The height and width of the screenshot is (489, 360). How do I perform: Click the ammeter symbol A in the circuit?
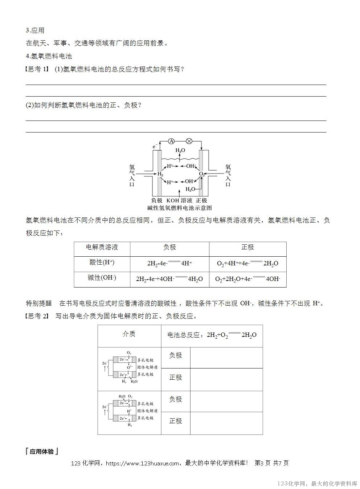[x=172, y=141]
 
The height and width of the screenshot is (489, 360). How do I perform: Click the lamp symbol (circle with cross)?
[x=189, y=141]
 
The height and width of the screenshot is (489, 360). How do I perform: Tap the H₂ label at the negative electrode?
[x=160, y=174]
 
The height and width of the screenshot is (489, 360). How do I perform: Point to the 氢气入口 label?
[x=132, y=175]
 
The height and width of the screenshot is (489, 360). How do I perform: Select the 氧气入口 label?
[x=228, y=175]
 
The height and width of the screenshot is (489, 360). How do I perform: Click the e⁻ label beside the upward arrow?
[x=155, y=146]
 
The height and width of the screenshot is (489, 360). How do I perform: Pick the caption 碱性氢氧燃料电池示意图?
[x=179, y=208]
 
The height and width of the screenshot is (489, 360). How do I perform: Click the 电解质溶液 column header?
[x=102, y=247]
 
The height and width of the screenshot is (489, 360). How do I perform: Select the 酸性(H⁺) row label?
[x=102, y=262]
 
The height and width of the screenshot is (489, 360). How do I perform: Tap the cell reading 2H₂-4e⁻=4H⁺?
[x=169, y=264]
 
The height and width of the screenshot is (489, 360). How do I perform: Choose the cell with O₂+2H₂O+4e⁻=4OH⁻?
[x=247, y=279]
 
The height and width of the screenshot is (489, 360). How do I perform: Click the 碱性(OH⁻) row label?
[x=102, y=278]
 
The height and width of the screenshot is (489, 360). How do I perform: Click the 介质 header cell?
[x=129, y=334]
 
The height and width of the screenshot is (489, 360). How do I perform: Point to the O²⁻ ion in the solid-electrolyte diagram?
[x=129, y=367]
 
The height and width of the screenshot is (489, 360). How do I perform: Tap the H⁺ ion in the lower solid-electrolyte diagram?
[x=129, y=411]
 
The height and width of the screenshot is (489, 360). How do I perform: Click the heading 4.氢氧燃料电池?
[x=49, y=56]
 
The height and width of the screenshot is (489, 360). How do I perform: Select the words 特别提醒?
[x=39, y=303]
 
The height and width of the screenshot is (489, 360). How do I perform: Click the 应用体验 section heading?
[x=42, y=452]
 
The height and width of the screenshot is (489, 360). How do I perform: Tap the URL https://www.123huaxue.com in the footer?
[x=143, y=463]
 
